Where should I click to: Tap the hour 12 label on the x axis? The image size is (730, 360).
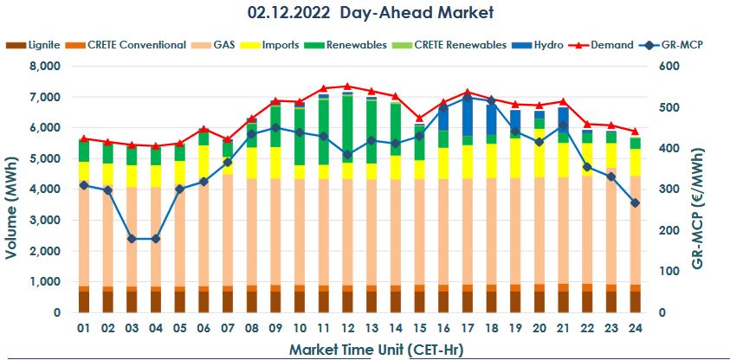pyautogui.click(x=347, y=330)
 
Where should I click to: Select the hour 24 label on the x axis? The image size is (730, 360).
pyautogui.click(x=634, y=330)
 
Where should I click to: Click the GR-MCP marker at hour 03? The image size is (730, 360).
pyautogui.click(x=132, y=239)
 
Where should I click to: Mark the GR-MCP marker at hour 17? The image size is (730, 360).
pyautogui.click(x=467, y=98)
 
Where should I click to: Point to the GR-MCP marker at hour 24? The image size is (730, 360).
pyautogui.click(x=634, y=203)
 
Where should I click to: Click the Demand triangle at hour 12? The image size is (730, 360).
pyautogui.click(x=347, y=87)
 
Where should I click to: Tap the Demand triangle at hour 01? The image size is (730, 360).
pyautogui.click(x=84, y=138)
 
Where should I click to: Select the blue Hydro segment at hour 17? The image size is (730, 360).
pyautogui.click(x=467, y=117)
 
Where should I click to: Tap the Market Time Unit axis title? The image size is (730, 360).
pyautogui.click(x=359, y=349)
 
